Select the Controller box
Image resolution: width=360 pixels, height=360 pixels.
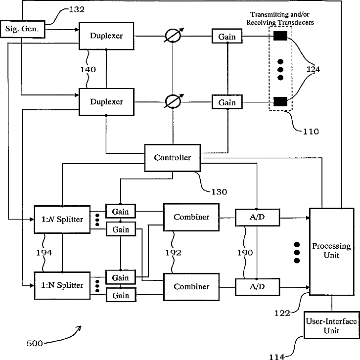pos(173,158)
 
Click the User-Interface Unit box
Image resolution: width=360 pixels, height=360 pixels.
pos(331,326)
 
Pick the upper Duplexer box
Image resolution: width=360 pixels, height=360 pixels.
pos(106,36)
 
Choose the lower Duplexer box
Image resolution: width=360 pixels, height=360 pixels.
pos(106,101)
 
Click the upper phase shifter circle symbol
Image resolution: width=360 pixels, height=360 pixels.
pos(173,36)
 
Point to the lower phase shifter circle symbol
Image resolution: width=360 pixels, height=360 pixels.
pos(173,101)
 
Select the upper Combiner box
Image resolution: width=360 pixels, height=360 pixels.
pos(191,217)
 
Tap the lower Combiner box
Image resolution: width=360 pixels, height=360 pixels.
pos(191,287)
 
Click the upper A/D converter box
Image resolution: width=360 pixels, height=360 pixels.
pos(257,217)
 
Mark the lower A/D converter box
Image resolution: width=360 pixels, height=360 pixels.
pos(257,286)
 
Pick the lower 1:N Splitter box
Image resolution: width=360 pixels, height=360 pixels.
pos(62,285)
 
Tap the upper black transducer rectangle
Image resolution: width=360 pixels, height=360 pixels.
pos(280,36)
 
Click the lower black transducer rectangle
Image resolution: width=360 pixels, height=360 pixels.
pos(280,101)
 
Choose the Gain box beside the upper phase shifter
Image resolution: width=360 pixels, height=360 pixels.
pos(227,36)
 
